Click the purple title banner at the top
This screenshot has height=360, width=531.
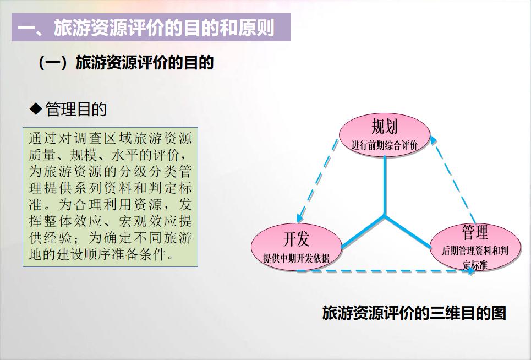pos(150,27)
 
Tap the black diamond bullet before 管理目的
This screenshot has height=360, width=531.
pos(36,109)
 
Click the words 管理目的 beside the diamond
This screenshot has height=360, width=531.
pos(76,110)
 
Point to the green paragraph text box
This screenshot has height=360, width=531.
pos(110,197)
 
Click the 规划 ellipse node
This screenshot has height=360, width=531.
pos(385,135)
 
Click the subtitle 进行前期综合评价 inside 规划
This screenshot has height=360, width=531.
pos(384,146)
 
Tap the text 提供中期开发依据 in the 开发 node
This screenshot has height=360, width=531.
pos(296,258)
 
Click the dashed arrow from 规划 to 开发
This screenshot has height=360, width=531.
pos(319,178)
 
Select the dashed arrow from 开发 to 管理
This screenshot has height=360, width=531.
pos(385,271)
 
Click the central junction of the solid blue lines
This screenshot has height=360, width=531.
pos(385,217)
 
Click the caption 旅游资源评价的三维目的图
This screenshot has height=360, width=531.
pos(414,313)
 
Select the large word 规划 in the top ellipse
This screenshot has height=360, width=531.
pos(384,127)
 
